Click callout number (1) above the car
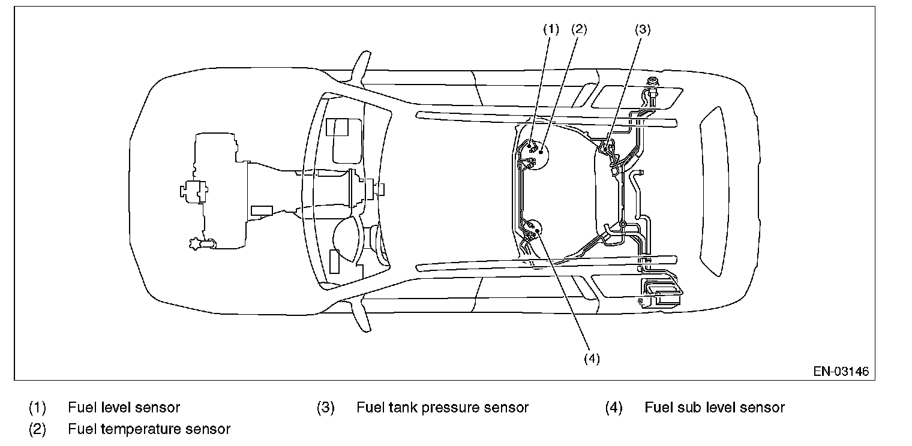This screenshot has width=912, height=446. (551, 29)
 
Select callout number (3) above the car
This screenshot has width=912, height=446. (642, 29)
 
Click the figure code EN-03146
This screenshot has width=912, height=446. (841, 371)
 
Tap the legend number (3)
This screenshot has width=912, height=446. (325, 408)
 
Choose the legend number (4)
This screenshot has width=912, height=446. (614, 408)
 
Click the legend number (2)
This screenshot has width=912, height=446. (37, 429)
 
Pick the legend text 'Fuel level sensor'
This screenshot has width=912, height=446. (124, 408)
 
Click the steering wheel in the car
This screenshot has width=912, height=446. (350, 240)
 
